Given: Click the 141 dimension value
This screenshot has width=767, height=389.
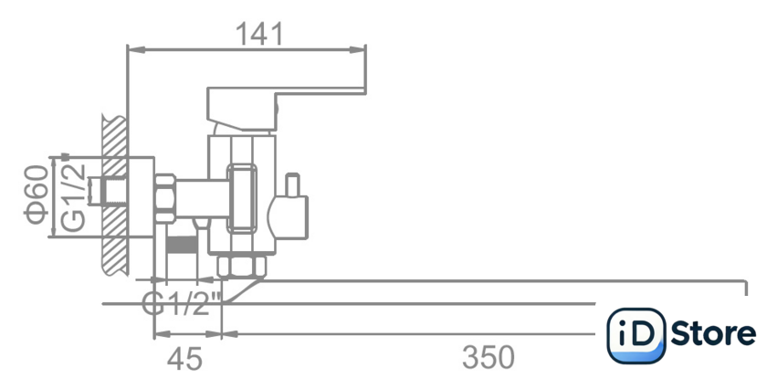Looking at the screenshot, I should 260,34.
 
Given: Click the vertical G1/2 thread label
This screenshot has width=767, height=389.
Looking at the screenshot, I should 73,196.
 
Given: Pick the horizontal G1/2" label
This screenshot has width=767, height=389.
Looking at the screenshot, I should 183,302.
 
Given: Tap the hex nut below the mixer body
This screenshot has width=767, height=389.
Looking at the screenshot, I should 242,266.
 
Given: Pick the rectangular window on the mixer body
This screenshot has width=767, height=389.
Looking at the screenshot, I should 243,195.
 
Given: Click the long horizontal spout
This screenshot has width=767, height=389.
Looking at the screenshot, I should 493,292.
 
